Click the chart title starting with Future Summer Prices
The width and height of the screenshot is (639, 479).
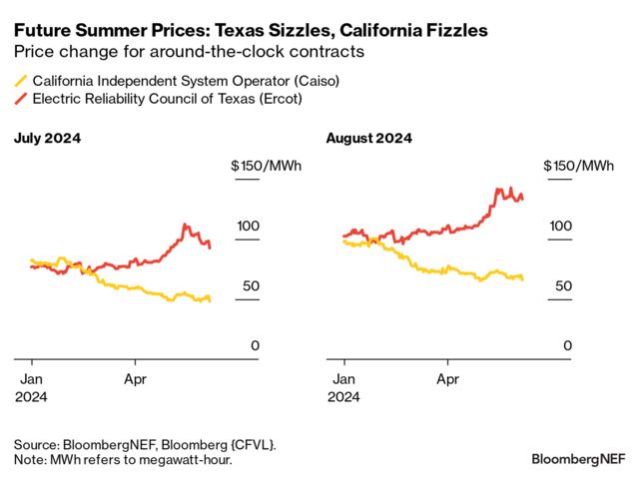click(x=251, y=31)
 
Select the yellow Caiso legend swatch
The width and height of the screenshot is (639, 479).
click(x=21, y=81)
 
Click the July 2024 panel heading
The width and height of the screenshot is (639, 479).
click(x=47, y=138)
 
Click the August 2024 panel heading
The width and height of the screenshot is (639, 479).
click(x=366, y=138)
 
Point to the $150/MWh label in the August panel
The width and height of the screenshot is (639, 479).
click(x=579, y=166)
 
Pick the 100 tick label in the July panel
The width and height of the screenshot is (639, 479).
click(x=248, y=227)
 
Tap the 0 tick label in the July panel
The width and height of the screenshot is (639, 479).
click(x=255, y=346)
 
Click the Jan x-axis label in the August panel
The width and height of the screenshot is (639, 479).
click(x=343, y=379)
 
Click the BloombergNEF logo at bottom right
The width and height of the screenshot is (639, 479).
click(x=578, y=458)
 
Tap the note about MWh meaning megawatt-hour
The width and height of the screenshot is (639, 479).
click(x=123, y=459)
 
